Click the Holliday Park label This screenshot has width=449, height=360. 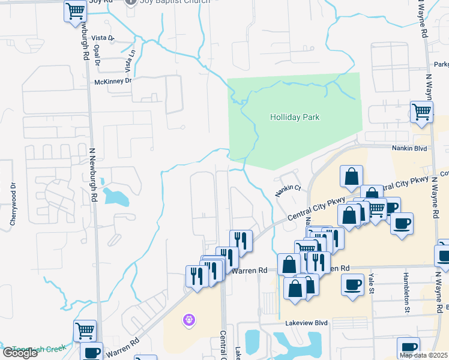pyautogui.click(x=294, y=118)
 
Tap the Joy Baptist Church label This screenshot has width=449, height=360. pyautogui.click(x=174, y=2)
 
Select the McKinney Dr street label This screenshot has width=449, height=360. pyautogui.click(x=112, y=81)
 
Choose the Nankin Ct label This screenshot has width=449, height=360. pyautogui.click(x=288, y=191)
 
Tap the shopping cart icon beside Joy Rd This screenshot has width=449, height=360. pyautogui.click(x=76, y=11)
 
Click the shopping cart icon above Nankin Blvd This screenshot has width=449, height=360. pyautogui.click(x=422, y=112)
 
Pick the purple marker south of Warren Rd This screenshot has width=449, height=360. pyautogui.click(x=189, y=320)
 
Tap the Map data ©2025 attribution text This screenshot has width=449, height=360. pyautogui.click(x=424, y=355)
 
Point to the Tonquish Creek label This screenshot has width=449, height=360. pyautogui.click(x=39, y=348)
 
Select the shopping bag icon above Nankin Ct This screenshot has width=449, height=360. pyautogui.click(x=351, y=176)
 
